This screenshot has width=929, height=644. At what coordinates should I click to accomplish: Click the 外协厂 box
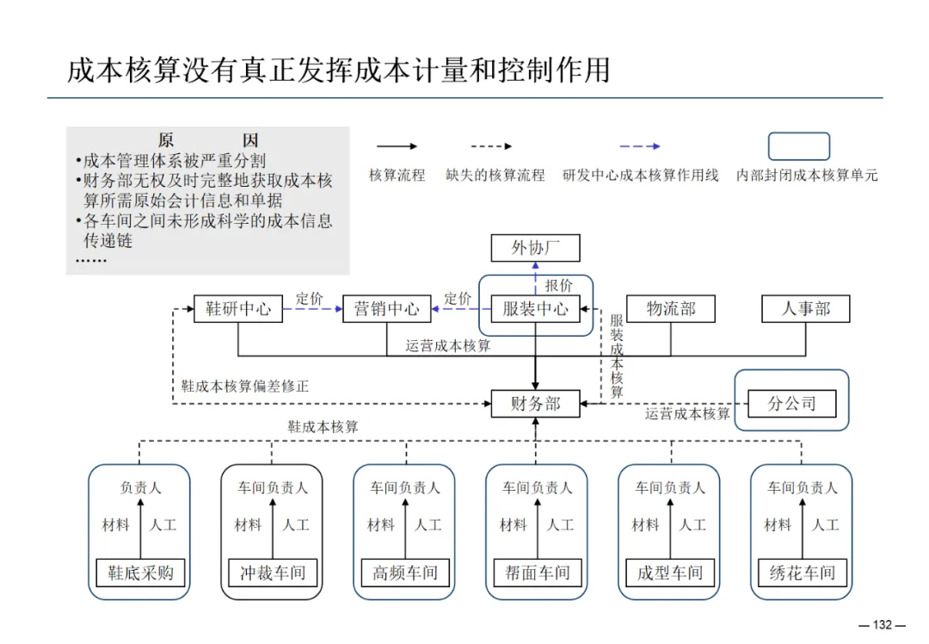[535, 248]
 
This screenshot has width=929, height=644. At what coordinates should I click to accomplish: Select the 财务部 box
[535, 403]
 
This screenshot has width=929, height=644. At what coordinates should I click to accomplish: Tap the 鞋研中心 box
[238, 308]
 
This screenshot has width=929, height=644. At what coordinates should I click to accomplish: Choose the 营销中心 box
[386, 308]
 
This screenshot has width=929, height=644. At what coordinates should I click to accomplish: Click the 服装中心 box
[535, 308]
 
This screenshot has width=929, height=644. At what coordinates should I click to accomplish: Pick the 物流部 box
[670, 308]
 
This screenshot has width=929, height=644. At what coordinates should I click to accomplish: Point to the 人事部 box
[806, 308]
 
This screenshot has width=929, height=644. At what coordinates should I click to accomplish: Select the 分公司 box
[791, 403]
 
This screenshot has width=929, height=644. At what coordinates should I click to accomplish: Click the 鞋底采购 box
[140, 573]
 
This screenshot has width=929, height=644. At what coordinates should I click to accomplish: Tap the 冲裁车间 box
[273, 573]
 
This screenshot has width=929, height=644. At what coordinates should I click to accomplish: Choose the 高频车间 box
[405, 573]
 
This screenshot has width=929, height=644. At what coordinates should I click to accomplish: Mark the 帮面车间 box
[537, 573]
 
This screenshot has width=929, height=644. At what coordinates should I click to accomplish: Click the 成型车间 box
[670, 573]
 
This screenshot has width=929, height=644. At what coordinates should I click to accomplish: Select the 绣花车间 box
[802, 573]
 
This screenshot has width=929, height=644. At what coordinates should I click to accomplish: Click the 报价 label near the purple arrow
[558, 286]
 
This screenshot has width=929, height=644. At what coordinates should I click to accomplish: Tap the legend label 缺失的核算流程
[495, 175]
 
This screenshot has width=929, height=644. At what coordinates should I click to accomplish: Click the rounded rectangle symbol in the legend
[798, 146]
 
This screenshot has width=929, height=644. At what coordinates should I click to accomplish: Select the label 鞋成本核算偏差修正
[244, 387]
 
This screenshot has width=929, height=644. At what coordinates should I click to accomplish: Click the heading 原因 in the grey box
[208, 140]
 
